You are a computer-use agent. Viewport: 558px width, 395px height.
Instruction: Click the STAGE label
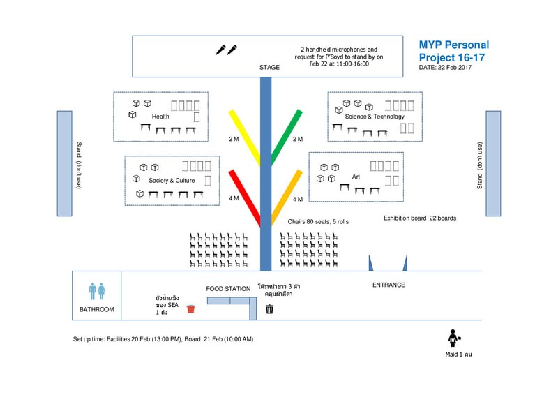coord(269,68)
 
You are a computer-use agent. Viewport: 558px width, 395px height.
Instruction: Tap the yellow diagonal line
coord(244,136)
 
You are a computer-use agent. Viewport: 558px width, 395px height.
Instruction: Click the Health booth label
coord(160,117)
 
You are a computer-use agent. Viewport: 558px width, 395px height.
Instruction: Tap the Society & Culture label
coord(172,181)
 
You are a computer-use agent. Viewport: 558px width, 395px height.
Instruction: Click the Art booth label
coord(356,176)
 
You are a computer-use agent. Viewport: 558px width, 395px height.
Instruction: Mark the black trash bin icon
coord(269,308)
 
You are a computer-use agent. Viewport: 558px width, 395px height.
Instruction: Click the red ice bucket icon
coord(190,308)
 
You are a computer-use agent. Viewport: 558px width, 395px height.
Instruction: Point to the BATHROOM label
coord(96,309)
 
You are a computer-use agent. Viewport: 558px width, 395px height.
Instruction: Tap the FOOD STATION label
coord(228,289)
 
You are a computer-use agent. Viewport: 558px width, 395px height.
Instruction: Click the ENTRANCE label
coord(389,285)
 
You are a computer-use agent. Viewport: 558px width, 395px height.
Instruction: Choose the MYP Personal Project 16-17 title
coord(453,51)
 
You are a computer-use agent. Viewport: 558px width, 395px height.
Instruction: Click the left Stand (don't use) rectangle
coord(65,163)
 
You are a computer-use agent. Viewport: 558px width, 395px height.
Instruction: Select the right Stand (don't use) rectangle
coord(493,163)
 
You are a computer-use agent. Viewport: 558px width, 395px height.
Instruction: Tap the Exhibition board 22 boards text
coord(420,218)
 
